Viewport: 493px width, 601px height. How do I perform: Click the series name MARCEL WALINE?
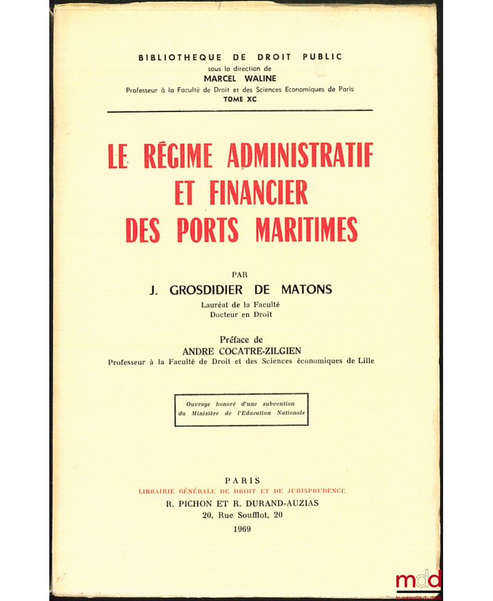240,79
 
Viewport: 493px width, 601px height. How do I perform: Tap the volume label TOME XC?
240,99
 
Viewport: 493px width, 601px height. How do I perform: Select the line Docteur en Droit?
240,315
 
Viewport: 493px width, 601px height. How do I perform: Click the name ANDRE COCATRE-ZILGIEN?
240,350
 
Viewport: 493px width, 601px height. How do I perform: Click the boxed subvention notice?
241,409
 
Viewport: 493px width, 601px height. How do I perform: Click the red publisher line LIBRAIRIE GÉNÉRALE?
242,491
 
